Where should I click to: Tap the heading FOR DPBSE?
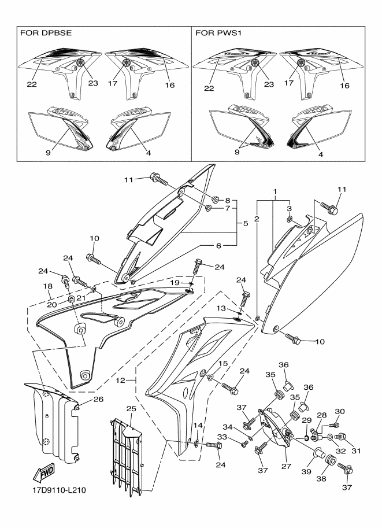46,33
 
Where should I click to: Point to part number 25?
131,409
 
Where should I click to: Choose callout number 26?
98,400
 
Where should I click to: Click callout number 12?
120,381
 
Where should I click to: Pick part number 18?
47,286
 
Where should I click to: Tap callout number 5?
246,223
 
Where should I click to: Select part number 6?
218,246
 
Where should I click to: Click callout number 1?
275,191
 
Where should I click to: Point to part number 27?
287,466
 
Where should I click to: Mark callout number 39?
306,472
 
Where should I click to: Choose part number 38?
321,478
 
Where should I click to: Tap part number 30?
340,411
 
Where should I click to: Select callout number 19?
175,283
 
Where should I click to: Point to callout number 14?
198,425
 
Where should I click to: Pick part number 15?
223,363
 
